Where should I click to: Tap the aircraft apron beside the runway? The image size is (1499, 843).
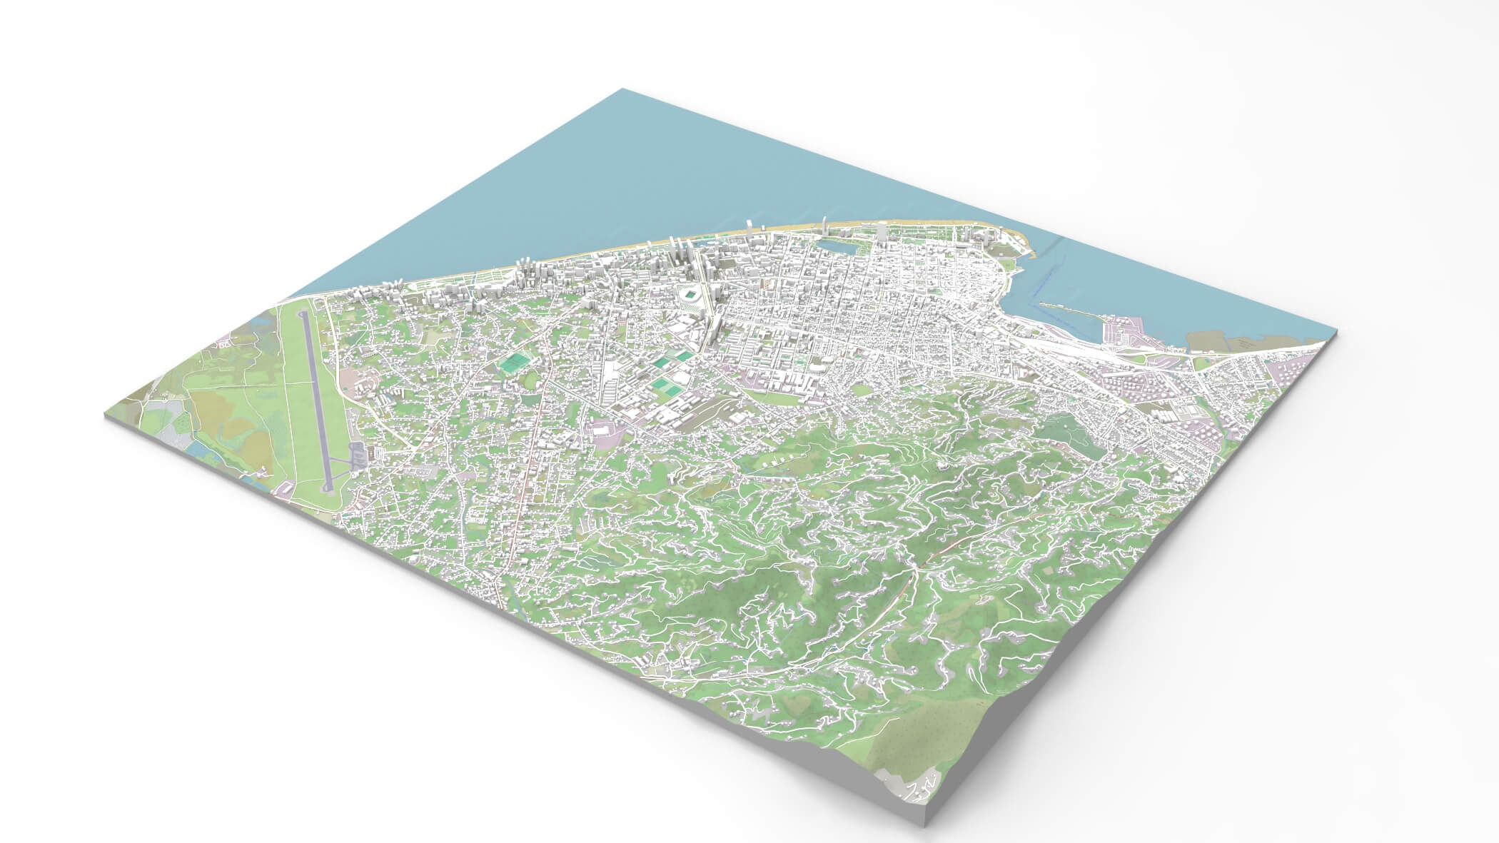coord(355,454)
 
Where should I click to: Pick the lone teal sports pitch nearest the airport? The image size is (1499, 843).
coord(512,363)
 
